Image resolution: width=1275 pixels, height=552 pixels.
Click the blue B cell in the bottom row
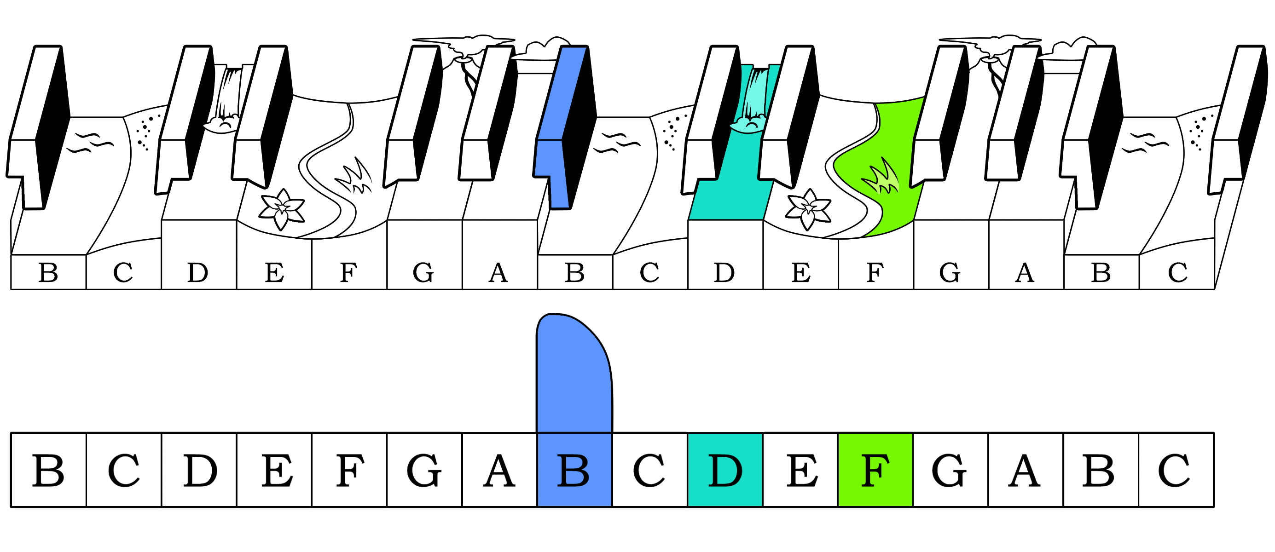pyautogui.click(x=574, y=470)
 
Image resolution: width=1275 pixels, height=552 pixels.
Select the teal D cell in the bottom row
pyautogui.click(x=724, y=470)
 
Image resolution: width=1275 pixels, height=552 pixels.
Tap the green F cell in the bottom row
pyautogui.click(x=875, y=470)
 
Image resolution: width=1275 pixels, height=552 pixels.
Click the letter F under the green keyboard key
pyautogui.click(x=875, y=272)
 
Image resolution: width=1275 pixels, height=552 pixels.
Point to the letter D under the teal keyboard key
pyautogui.click(x=724, y=272)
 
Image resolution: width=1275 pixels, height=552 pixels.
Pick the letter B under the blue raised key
pyautogui.click(x=574, y=272)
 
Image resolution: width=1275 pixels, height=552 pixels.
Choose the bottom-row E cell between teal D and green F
pyautogui.click(x=800, y=470)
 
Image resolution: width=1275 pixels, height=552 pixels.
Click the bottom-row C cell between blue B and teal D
pyautogui.click(x=649, y=470)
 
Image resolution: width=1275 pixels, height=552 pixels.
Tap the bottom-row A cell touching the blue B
pyautogui.click(x=499, y=470)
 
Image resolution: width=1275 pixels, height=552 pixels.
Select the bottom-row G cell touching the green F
pyautogui.click(x=950, y=470)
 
